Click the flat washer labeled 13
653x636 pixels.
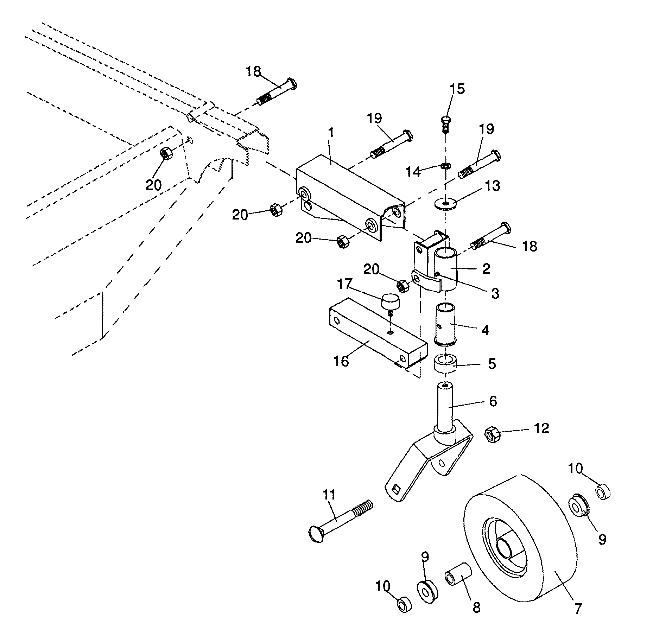(x=445, y=203)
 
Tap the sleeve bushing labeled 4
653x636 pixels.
(x=445, y=323)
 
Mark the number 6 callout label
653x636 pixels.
(x=493, y=401)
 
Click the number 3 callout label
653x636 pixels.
(x=495, y=293)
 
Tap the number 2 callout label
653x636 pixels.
(x=486, y=269)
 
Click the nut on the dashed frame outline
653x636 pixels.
(x=166, y=153)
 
